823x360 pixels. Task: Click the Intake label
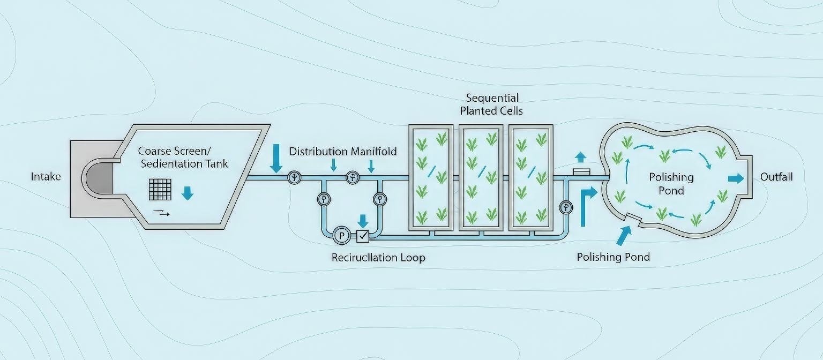pyautogui.click(x=46, y=176)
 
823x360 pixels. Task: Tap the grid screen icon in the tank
pyautogui.click(x=160, y=189)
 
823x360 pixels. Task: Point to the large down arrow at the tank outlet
pyautogui.click(x=276, y=159)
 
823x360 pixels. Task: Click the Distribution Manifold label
pyautogui.click(x=343, y=152)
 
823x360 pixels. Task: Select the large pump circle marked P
pyautogui.click(x=341, y=235)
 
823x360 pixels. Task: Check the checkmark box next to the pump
pyautogui.click(x=363, y=235)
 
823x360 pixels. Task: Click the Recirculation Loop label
pyautogui.click(x=378, y=258)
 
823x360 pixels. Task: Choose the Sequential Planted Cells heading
pyautogui.click(x=491, y=104)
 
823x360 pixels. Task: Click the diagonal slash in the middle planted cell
pyautogui.click(x=481, y=171)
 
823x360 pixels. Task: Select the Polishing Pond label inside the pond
pyautogui.click(x=671, y=183)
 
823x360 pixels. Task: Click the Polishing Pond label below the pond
pyautogui.click(x=613, y=257)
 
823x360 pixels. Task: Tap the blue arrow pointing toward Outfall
pyautogui.click(x=736, y=178)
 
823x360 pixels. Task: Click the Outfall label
pyautogui.click(x=776, y=177)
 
